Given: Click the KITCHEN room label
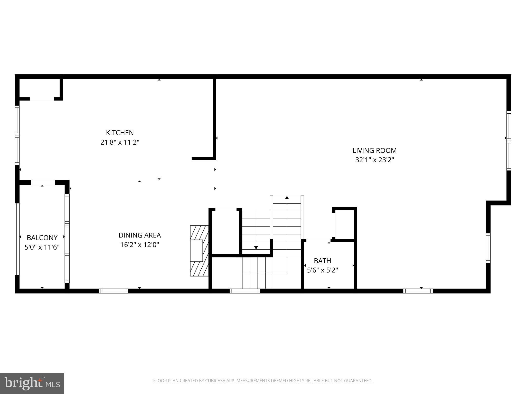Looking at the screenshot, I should click(x=120, y=133).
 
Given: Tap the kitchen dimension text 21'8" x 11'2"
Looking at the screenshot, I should click(x=120, y=142).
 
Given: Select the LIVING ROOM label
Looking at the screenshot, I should click(x=374, y=151).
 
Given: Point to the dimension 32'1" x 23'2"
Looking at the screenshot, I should click(x=374, y=160).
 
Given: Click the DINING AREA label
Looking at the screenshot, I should click(x=139, y=235).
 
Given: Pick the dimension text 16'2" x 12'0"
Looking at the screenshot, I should click(x=139, y=245).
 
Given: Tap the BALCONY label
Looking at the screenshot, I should click(x=42, y=238).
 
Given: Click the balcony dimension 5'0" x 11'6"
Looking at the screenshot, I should click(x=42, y=247).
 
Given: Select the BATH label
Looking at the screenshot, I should click(x=322, y=261).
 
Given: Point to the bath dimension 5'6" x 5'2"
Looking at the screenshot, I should click(x=322, y=270).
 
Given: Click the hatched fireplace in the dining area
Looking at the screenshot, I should click(x=199, y=251).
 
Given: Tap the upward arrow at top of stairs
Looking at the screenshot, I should click(x=287, y=198).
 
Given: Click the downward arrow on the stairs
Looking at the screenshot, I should click(x=256, y=248).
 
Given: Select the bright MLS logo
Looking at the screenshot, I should click(x=32, y=383).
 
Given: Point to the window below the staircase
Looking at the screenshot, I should click(x=245, y=291).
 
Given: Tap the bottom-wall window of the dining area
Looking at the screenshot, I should click(x=113, y=291).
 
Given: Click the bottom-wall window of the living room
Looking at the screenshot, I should click(x=418, y=291).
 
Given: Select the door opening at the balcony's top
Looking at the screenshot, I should click(x=43, y=182).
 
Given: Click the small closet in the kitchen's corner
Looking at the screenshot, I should click(x=40, y=88).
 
